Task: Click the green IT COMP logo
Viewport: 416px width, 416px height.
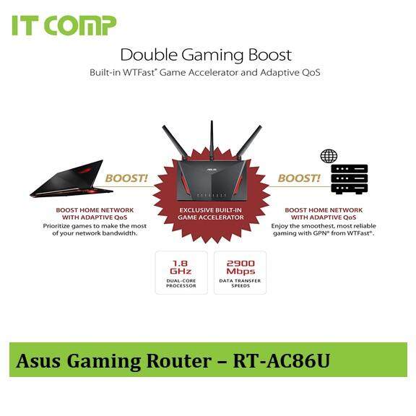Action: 64,25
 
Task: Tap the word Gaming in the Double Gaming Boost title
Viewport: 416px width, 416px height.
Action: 212,56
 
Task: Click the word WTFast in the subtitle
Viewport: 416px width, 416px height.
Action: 139,72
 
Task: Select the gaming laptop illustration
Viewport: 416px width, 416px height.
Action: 71,178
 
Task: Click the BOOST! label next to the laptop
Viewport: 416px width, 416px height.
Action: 126,178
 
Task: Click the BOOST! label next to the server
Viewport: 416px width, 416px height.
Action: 299,178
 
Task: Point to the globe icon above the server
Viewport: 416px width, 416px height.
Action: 329,156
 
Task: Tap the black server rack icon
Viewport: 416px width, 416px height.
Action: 350,179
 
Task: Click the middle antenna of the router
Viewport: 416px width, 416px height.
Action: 212,140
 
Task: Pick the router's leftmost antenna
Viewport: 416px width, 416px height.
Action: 175,141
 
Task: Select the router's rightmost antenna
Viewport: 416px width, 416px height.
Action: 248,141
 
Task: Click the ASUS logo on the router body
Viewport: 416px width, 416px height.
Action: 212,170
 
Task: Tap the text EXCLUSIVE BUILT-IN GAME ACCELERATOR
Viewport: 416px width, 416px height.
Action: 211,214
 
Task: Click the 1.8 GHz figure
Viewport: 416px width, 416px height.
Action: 181,267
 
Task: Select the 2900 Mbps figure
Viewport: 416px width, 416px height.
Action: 240,267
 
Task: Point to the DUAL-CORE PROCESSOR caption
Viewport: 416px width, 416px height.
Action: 181,283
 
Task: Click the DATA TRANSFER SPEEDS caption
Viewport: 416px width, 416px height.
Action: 240,283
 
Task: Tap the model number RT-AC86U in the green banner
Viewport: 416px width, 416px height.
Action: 282,361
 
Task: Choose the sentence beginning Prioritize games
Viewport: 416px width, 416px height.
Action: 95,230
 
